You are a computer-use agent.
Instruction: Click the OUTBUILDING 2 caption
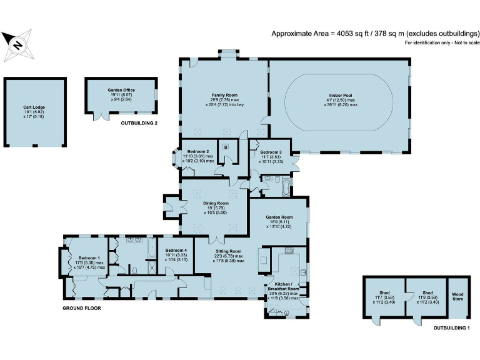[x=139, y=123]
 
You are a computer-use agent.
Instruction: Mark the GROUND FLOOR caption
[x=82, y=309]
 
